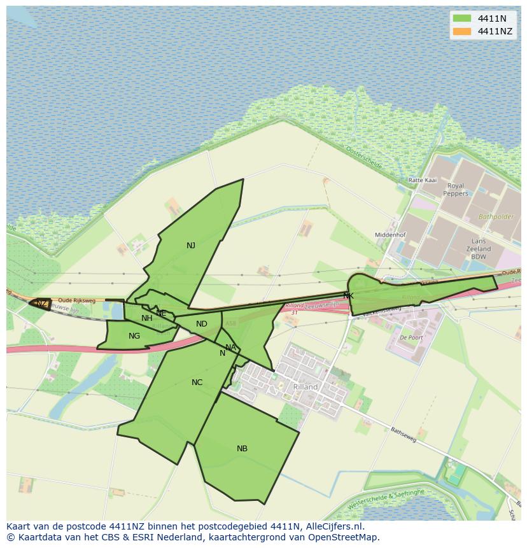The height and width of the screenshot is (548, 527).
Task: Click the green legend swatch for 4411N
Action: pyautogui.click(x=462, y=18)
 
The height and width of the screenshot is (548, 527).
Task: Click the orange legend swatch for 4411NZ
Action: pyautogui.click(x=462, y=31)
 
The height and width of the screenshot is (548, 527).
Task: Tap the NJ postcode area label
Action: pyautogui.click(x=191, y=246)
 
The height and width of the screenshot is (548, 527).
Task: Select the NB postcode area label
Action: pyautogui.click(x=242, y=449)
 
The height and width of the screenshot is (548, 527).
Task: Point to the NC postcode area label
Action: pyautogui.click(x=197, y=383)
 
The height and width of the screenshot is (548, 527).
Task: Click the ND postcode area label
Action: pyautogui.click(x=202, y=324)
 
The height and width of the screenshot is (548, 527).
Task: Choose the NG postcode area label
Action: pyautogui.click(x=134, y=336)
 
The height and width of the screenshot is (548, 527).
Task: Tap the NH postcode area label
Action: pyautogui.click(x=147, y=318)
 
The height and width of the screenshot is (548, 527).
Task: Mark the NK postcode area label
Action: pyautogui.click(x=348, y=296)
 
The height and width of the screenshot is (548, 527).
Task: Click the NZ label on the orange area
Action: pyautogui.click(x=41, y=304)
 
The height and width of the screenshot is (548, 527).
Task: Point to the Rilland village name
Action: pyautogui.click(x=305, y=387)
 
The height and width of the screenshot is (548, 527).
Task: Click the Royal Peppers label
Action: pyautogui.click(x=456, y=190)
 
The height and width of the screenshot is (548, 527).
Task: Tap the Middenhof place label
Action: pyautogui.click(x=390, y=235)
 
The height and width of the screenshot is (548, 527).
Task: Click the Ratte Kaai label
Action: pyautogui.click(x=422, y=180)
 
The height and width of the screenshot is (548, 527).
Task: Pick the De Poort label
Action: pyautogui.click(x=411, y=338)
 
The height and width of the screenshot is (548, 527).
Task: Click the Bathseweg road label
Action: pyautogui.click(x=405, y=435)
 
